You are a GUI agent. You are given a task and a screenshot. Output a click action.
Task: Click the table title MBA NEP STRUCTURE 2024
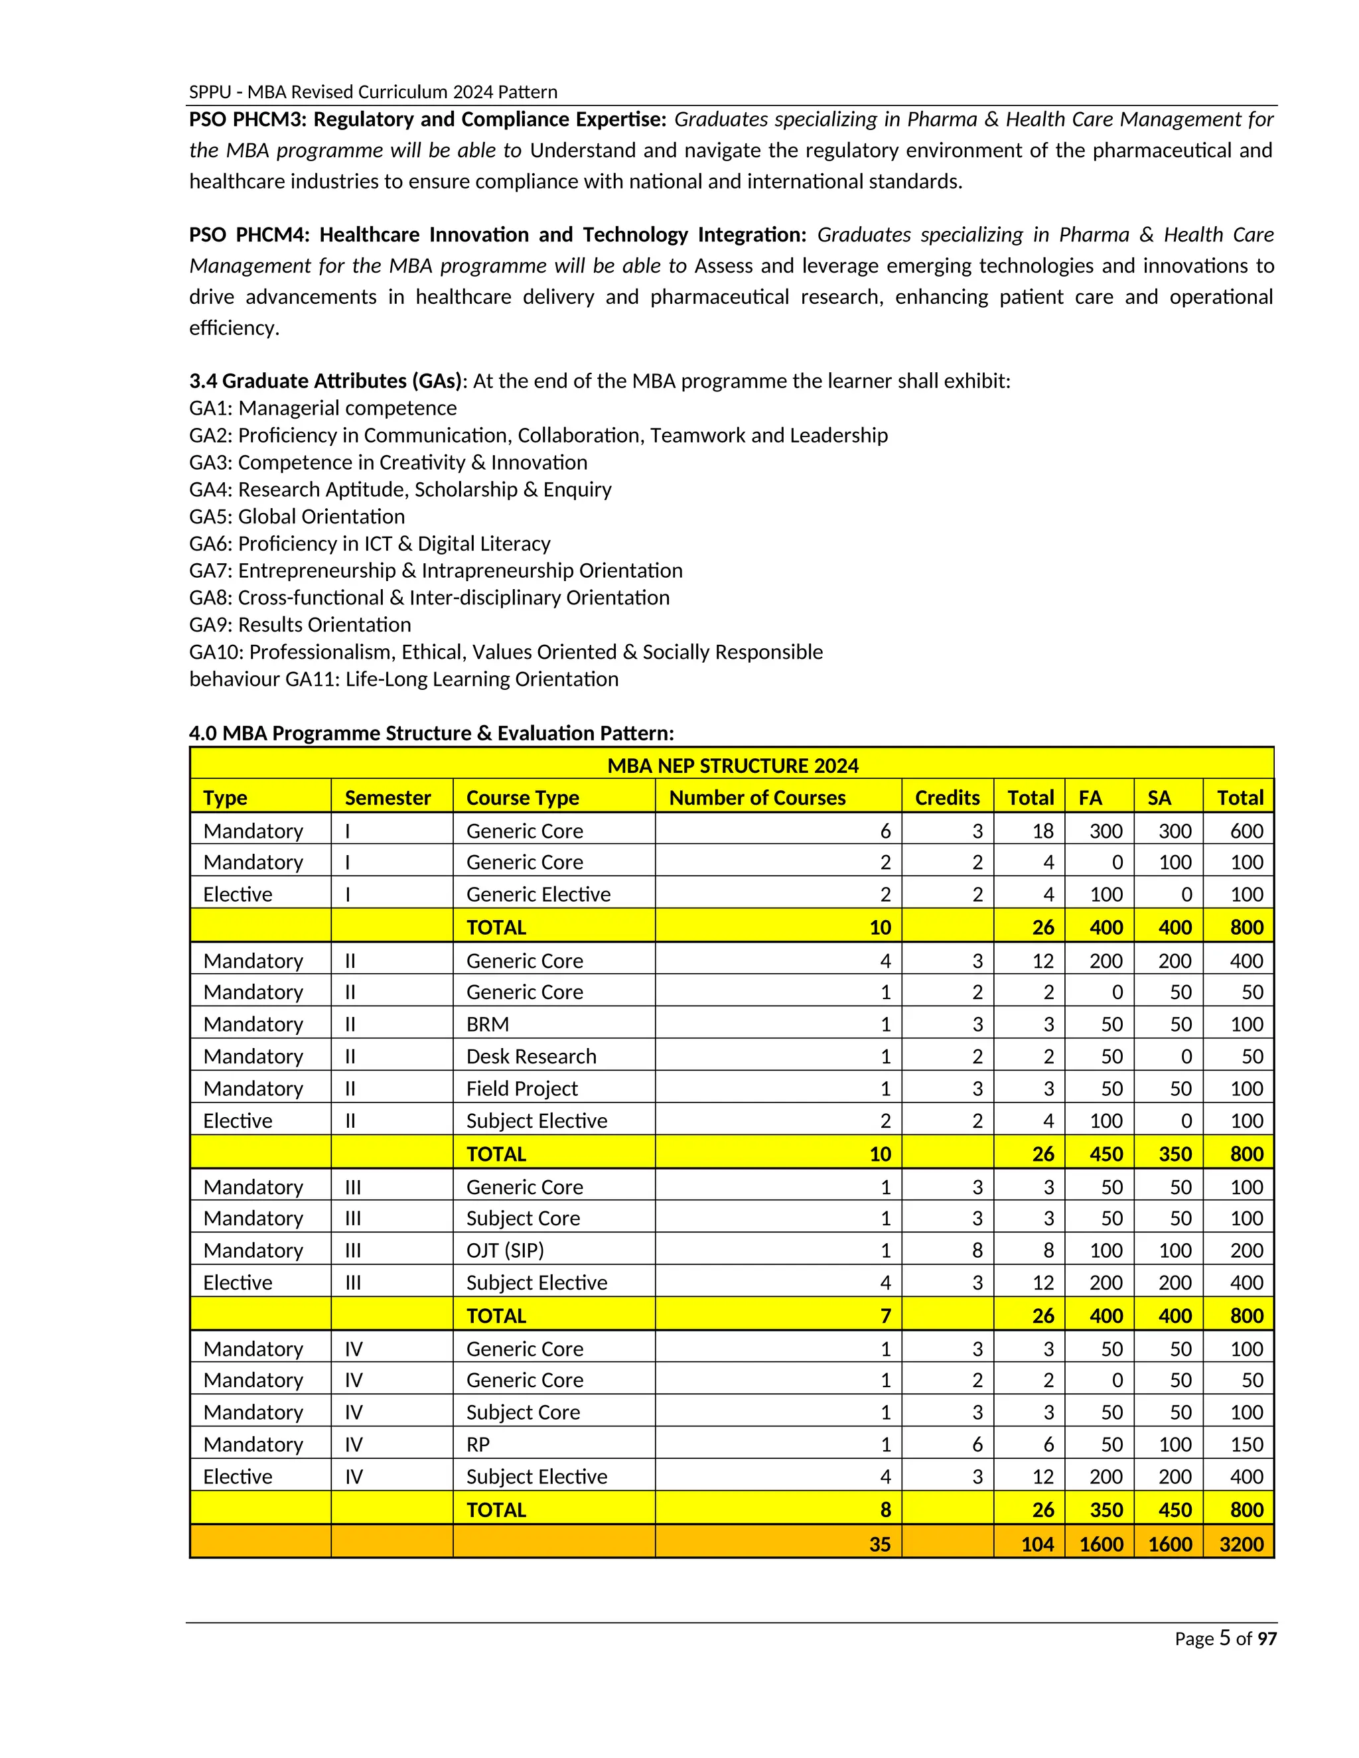point(732,765)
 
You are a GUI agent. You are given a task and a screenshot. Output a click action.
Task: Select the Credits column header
point(947,797)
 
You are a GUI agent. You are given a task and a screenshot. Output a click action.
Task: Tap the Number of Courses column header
point(756,797)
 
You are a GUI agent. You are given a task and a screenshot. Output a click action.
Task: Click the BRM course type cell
point(487,1024)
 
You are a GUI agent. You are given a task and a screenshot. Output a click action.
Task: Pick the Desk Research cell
point(531,1056)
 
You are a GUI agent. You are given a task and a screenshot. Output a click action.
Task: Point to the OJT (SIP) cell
point(505,1250)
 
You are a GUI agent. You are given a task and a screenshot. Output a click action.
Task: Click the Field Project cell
point(522,1088)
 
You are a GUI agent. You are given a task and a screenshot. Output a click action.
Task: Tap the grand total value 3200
point(1241,1543)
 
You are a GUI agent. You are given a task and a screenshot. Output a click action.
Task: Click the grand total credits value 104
point(1037,1543)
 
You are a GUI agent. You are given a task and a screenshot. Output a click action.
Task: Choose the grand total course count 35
point(879,1543)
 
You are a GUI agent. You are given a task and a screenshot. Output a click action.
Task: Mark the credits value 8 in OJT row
point(977,1250)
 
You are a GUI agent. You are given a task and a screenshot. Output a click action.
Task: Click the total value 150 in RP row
point(1246,1444)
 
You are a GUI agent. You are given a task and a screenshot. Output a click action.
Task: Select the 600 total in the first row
point(1246,831)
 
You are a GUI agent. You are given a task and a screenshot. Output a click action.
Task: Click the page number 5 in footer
point(1224,1638)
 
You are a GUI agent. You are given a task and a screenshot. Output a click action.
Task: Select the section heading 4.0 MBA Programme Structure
point(431,732)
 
